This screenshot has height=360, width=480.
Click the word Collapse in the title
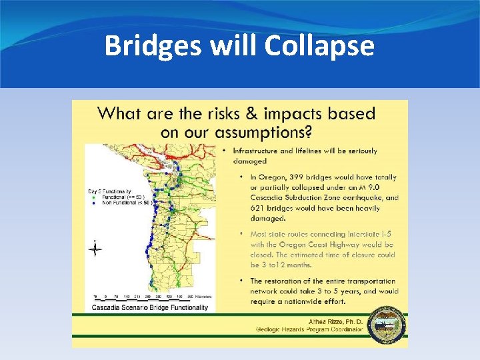click(319, 47)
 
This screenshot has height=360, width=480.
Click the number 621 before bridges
click(260, 207)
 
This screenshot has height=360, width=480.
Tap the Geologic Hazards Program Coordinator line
click(314, 329)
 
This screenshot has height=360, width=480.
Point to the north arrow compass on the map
click(95, 249)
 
